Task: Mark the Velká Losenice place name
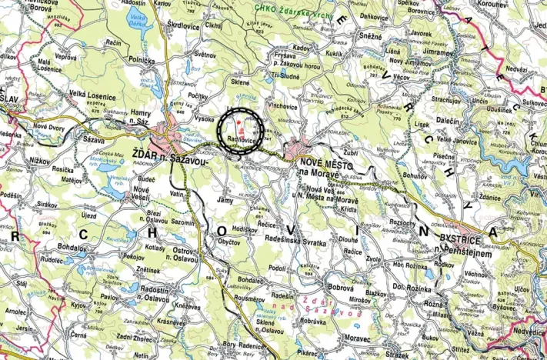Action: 92,95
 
